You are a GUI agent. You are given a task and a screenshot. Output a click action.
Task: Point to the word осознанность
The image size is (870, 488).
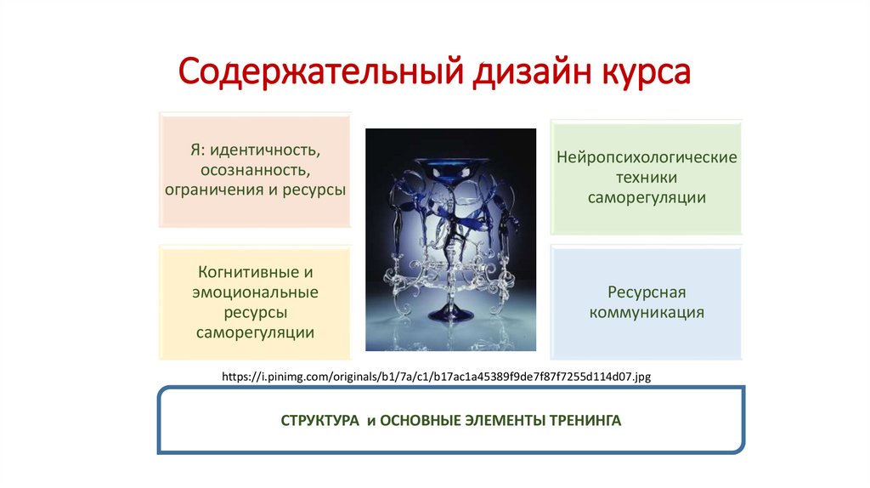pos(255,169)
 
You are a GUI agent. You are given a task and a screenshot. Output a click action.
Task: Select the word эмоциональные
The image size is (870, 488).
pos(255,292)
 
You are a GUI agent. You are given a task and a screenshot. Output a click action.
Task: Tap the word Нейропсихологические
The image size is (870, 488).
pos(647,158)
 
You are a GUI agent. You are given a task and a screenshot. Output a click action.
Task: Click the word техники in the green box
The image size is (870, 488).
pos(647,178)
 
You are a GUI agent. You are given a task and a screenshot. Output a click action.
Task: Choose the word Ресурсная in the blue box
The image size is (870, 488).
pos(647,292)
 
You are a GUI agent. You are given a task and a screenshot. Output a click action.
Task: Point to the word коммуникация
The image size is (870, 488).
pos(647,312)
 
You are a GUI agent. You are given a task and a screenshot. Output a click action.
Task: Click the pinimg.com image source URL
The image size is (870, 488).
pos(436,375)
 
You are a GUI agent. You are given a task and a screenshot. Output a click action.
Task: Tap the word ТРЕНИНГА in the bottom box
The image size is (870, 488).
pos(585,421)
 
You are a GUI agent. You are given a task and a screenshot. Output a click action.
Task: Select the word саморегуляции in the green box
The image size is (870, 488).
pos(647,197)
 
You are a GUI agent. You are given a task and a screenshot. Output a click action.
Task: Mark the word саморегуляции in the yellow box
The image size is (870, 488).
pos(255,332)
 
